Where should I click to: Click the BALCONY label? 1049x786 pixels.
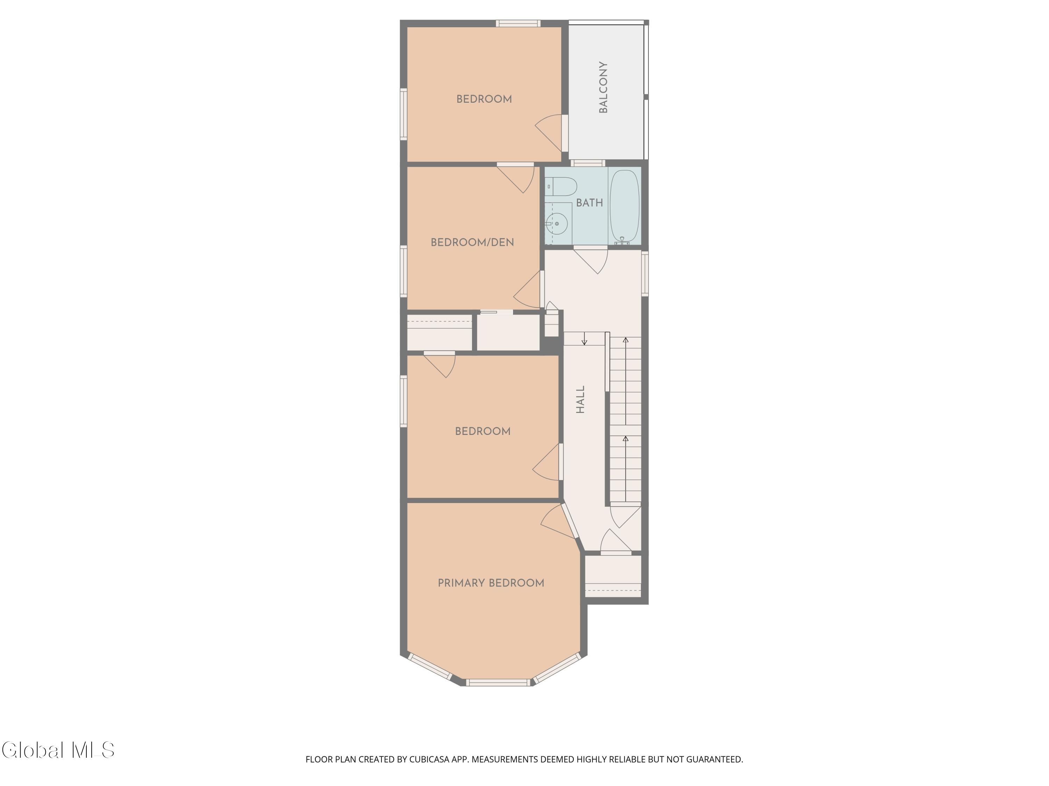click(603, 87)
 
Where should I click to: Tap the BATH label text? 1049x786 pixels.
click(590, 203)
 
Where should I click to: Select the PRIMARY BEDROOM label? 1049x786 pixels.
click(491, 583)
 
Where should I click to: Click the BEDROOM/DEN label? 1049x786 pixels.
click(472, 242)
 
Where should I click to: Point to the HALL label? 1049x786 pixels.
click(580, 399)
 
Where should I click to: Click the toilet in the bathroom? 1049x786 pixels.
click(561, 187)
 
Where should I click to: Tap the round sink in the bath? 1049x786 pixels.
click(557, 223)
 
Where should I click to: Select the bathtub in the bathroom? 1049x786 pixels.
click(625, 207)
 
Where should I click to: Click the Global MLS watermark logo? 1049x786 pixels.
click(58, 750)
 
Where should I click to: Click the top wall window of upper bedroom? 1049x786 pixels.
click(518, 23)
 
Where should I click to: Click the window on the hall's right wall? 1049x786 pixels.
click(645, 274)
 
